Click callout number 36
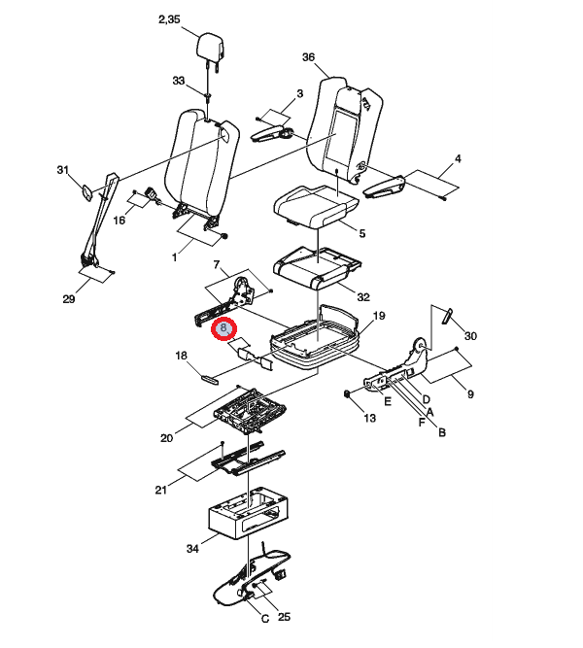pos(308,57)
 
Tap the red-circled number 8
pos(223,328)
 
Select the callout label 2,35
pos(169,19)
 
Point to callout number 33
pos(178,81)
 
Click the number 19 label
pos(379,316)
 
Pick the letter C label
pos(265,619)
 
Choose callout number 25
pos(284,617)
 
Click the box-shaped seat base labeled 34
pos(248,512)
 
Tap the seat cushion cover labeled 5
pos(316,206)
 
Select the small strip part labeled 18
pos(210,379)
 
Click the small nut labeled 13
pos(347,394)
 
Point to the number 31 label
pos(62,170)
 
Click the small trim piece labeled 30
pos(447,316)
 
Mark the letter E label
pos(388,401)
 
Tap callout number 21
pos(161,491)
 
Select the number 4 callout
pos(458,158)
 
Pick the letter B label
pos(441,432)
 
